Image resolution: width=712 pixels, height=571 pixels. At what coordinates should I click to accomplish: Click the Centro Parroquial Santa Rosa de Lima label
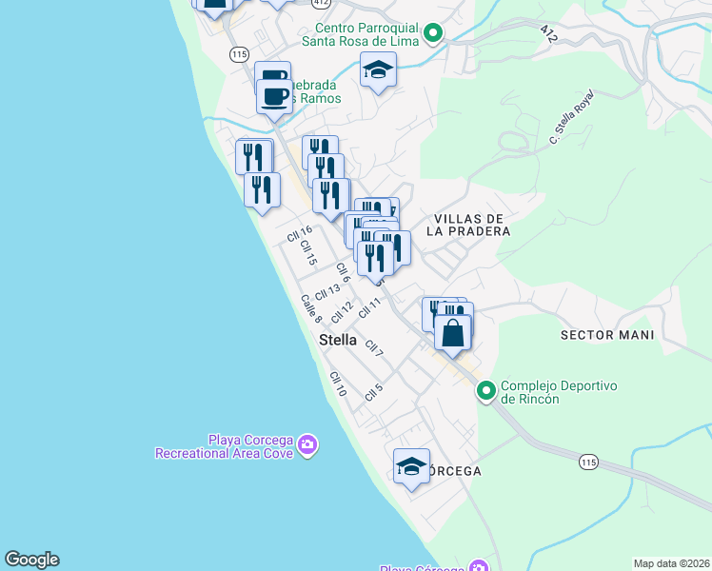[362, 34]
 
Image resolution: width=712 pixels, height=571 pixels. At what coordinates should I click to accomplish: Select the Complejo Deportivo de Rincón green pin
[486, 391]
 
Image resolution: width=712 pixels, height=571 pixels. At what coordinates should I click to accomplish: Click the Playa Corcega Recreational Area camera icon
[307, 444]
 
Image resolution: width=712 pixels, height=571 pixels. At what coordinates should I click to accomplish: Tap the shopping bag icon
[453, 333]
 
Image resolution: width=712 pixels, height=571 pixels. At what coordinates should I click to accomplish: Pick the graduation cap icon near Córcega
[411, 466]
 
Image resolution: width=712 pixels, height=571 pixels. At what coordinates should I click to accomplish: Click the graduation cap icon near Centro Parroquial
[378, 69]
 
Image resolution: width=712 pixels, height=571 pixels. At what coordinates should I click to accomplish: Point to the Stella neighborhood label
[338, 340]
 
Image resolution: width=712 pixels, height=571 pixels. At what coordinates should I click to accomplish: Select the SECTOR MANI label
[607, 335]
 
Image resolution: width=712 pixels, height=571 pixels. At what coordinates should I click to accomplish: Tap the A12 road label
[547, 33]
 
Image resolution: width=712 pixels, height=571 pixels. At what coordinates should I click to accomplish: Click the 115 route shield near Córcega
[588, 462]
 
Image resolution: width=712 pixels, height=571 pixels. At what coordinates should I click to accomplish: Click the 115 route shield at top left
[238, 55]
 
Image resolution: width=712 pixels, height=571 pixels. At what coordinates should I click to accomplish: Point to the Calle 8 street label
[311, 308]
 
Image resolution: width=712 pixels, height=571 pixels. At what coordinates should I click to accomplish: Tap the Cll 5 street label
[372, 390]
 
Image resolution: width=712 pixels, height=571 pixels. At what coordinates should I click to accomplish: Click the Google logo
[31, 560]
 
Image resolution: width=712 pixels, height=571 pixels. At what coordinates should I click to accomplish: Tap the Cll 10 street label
[337, 384]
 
